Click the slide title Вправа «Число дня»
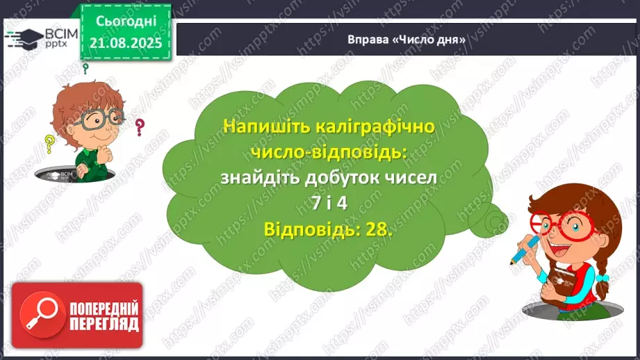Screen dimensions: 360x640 (x=406, y=40)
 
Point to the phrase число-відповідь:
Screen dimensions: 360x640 (x=327, y=152)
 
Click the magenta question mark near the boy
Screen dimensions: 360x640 (x=140, y=126)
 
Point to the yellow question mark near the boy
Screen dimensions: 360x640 (x=49, y=144)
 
